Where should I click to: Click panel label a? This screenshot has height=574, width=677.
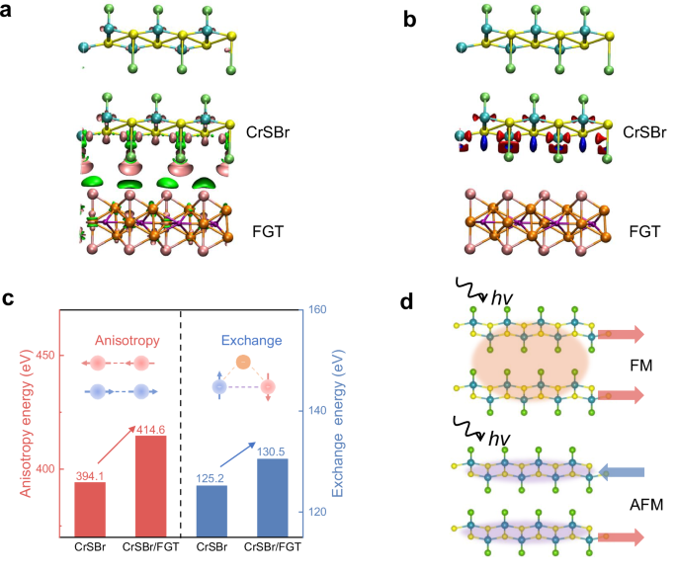click(10, 12)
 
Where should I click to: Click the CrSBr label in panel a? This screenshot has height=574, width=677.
click(268, 129)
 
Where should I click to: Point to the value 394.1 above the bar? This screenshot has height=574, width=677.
click(90, 475)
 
